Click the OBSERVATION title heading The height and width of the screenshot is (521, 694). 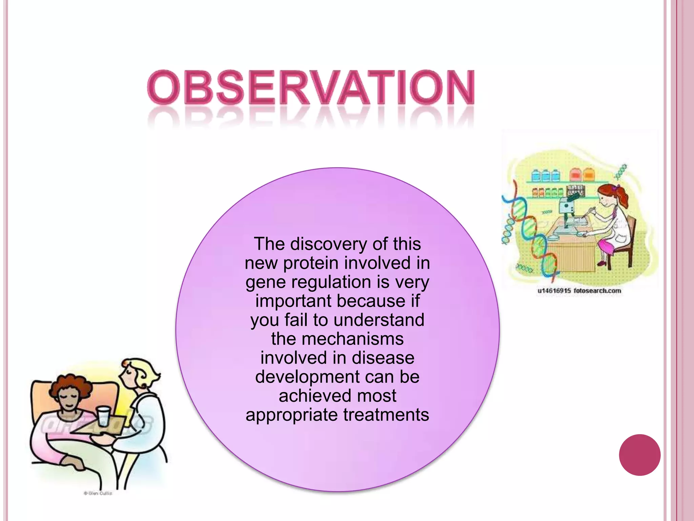(311, 87)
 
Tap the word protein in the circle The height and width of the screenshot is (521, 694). (311, 263)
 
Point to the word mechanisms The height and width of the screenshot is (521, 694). (352, 339)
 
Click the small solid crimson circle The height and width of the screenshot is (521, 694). (639, 455)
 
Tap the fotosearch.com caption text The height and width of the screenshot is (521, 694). (597, 291)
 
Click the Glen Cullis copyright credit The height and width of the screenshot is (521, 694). (98, 493)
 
